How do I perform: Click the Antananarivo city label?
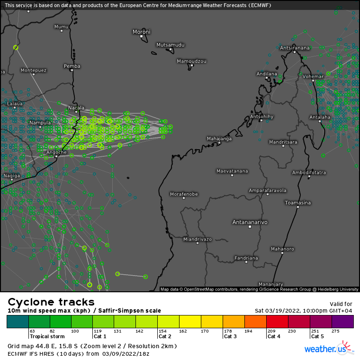(250, 222)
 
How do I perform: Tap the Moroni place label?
(141, 32)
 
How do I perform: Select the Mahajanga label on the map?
(219, 138)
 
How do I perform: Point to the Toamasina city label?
(297, 203)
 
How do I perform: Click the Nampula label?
(40, 123)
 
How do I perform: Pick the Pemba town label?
(72, 66)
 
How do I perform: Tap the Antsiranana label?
(295, 48)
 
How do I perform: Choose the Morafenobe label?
(184, 194)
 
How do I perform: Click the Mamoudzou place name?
(191, 61)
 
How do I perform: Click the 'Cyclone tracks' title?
(51, 302)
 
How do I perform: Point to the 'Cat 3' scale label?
(230, 336)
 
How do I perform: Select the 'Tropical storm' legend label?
(46, 336)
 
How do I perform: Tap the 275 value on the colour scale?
(335, 331)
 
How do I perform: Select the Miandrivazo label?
(198, 239)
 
